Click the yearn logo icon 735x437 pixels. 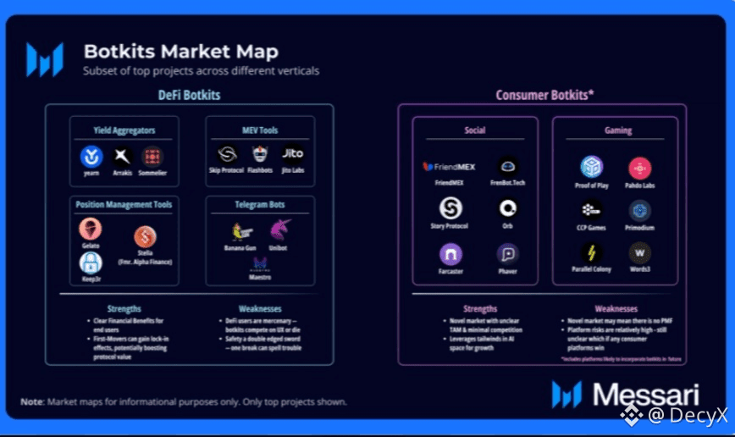tap(91, 157)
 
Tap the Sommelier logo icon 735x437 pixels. tap(152, 157)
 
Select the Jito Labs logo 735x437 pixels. tap(292, 154)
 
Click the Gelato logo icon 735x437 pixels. tap(91, 229)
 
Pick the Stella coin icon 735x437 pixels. tap(145, 237)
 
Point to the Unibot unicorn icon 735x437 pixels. tap(280, 230)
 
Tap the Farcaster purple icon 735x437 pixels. tap(450, 254)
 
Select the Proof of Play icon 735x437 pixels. tap(592, 167)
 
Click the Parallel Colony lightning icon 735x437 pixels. tap(592, 252)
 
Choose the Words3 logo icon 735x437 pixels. tap(639, 252)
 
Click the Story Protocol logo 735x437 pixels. tap(450, 208)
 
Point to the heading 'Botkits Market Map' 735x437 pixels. tap(180, 52)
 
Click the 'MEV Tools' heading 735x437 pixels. tap(259, 130)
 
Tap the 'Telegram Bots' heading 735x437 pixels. tap(259, 204)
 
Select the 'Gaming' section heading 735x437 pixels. tap(618, 131)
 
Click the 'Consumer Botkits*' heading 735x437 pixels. tap(544, 95)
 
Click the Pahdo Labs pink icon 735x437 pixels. tap(639, 168)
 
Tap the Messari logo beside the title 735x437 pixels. tap(45, 59)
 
